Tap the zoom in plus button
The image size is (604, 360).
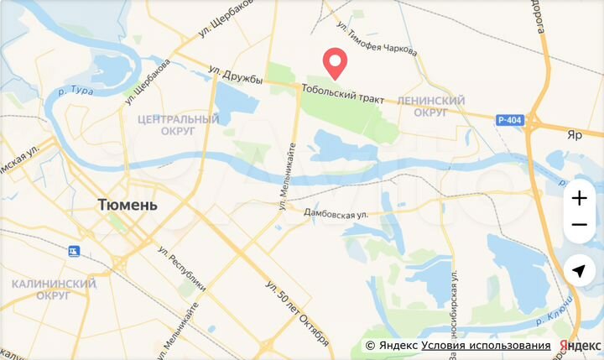[x=579, y=199]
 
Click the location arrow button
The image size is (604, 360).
[x=579, y=271]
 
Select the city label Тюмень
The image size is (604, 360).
[x=128, y=204]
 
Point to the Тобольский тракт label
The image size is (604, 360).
[x=344, y=98]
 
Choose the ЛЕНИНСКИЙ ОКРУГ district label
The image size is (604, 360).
[x=430, y=106]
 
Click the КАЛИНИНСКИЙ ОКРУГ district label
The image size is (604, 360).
[x=53, y=290]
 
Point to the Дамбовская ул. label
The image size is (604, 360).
[x=336, y=215]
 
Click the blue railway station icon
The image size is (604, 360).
[x=75, y=250]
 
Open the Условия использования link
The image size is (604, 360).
[x=486, y=346]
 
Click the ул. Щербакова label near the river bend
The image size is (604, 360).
[x=148, y=81]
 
